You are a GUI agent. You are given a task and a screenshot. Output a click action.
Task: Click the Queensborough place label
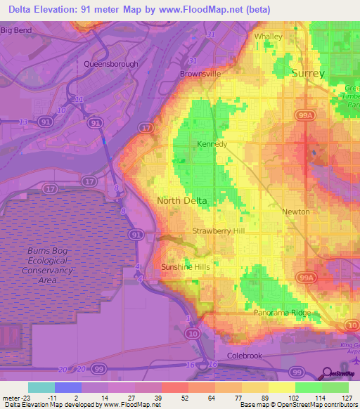111,64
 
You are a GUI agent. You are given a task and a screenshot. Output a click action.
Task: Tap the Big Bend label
17,30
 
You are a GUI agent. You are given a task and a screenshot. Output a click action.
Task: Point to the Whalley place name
268,37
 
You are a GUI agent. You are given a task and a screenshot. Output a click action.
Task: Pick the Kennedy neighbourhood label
212,144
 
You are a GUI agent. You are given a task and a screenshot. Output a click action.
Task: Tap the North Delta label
182,200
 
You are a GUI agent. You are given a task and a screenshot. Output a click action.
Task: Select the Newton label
295,212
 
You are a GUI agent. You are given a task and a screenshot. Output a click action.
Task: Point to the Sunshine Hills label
186,267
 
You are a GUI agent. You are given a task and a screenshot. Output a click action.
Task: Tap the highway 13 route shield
23,122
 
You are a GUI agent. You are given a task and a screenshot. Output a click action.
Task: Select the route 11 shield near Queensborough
79,100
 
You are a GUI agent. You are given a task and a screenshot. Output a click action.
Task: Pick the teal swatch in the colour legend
41,387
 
